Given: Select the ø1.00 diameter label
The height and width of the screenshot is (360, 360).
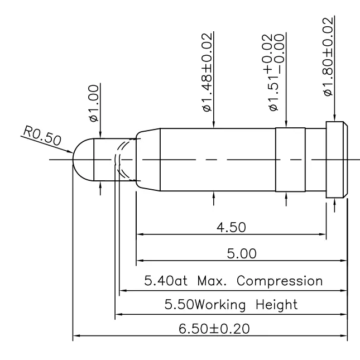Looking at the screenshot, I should click(x=94, y=103).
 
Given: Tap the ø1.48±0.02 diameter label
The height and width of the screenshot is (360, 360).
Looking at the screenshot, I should click(x=207, y=73).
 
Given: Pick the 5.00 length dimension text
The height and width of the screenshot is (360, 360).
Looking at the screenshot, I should click(x=241, y=253).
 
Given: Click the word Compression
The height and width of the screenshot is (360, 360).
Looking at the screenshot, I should click(x=280, y=280).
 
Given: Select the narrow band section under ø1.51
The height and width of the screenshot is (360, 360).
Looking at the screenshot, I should click(x=290, y=160).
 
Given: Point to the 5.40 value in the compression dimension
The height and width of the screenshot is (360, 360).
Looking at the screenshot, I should click(x=159, y=280).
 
